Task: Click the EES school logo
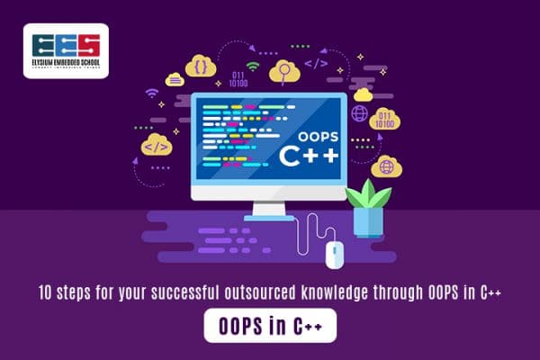point(66,50)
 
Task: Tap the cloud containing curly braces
point(201,65)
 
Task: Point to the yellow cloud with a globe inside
point(386,166)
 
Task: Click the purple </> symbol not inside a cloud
point(316,64)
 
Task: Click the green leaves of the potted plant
point(367,194)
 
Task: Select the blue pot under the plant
point(367,222)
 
